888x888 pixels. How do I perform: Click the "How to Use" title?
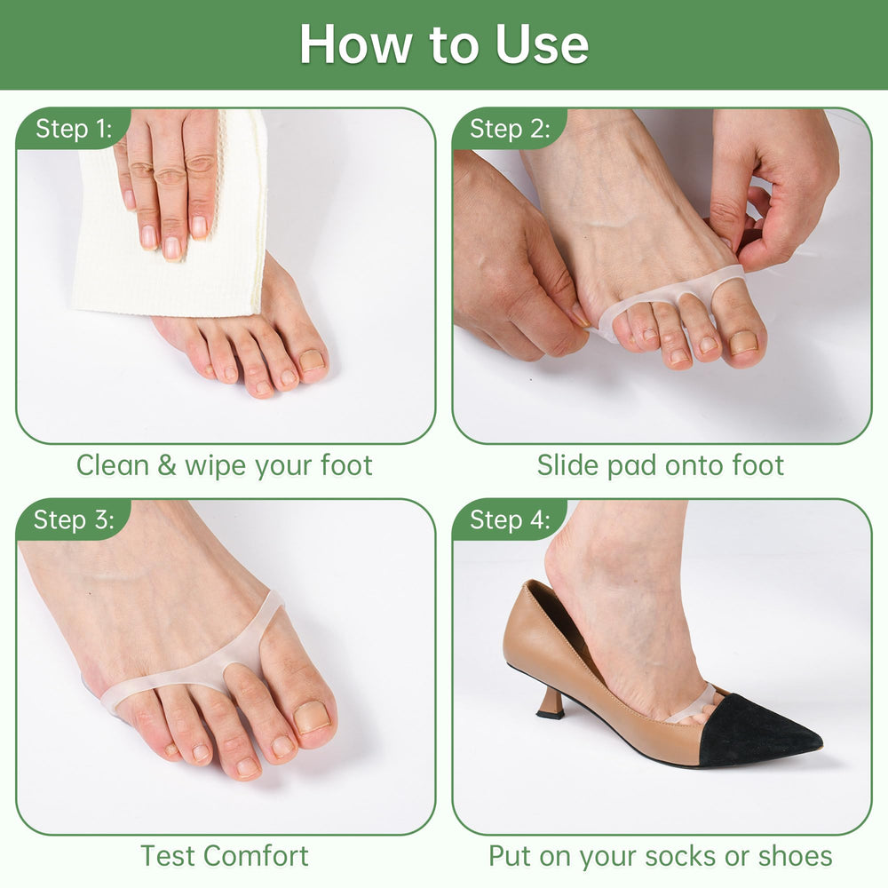coord(444,44)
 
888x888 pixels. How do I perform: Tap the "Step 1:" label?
coord(75,129)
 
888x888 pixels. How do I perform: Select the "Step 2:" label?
coord(510,129)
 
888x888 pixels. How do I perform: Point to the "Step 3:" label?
coord(74,519)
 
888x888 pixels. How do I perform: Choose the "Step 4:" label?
coord(510,519)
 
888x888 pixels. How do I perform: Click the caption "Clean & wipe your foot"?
coord(225,465)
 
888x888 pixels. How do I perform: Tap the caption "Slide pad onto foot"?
coord(661,465)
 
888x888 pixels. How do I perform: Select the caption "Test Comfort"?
coord(225,855)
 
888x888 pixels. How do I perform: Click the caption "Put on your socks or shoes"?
coord(661,856)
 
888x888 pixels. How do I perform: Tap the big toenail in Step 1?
coord(312,361)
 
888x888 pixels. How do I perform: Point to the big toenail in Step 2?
coord(741,343)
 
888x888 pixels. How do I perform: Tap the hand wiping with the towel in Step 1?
coord(170,181)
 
